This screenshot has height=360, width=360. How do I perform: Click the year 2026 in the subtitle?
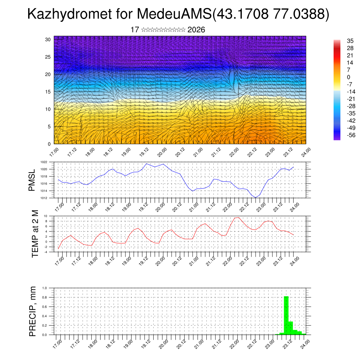coord(196,30)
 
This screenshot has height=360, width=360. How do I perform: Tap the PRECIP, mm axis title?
coord(33,311)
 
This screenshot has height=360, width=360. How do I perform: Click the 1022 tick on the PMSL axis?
coord(44,162)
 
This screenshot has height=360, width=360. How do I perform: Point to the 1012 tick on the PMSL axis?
coord(44,198)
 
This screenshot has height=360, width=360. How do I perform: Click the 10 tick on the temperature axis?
coord(45,216)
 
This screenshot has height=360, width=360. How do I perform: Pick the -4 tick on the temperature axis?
coord(45,252)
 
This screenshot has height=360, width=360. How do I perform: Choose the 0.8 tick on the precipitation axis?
coord(45,297)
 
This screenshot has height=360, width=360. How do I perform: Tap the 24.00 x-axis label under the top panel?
coord(306,152)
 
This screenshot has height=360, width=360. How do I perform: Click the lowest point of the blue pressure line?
coord(256,198)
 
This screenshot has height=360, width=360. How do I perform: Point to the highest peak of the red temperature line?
coord(239,217)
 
